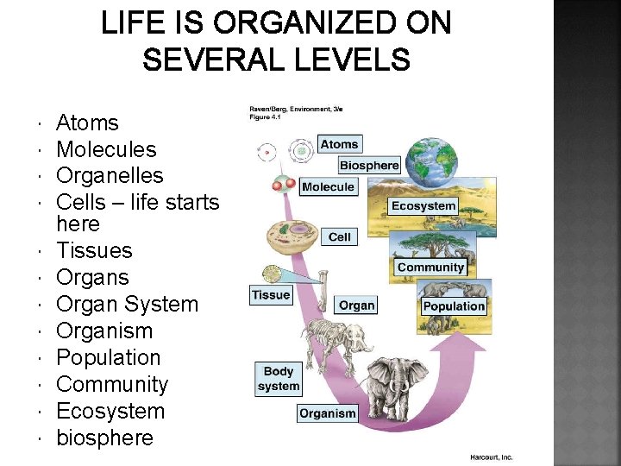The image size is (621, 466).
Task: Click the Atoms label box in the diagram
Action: [339, 144]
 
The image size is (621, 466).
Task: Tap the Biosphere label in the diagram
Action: [369, 165]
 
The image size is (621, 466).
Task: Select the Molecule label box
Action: [328, 186]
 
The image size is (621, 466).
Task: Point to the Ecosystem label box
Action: [423, 205]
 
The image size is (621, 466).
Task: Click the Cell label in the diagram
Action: [340, 236]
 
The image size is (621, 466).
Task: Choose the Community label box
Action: [430, 268]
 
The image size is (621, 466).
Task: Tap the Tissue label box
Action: [271, 295]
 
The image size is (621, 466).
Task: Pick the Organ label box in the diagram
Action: [356, 305]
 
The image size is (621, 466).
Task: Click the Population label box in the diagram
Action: [454, 305]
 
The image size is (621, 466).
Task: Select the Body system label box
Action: [278, 379]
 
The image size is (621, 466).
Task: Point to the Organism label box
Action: [327, 413]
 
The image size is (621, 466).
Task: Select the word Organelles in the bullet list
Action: [110, 175]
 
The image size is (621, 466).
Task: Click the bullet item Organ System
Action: [127, 304]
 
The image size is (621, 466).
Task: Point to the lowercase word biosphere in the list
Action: [104, 438]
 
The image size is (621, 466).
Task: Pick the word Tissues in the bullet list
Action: [94, 250]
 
